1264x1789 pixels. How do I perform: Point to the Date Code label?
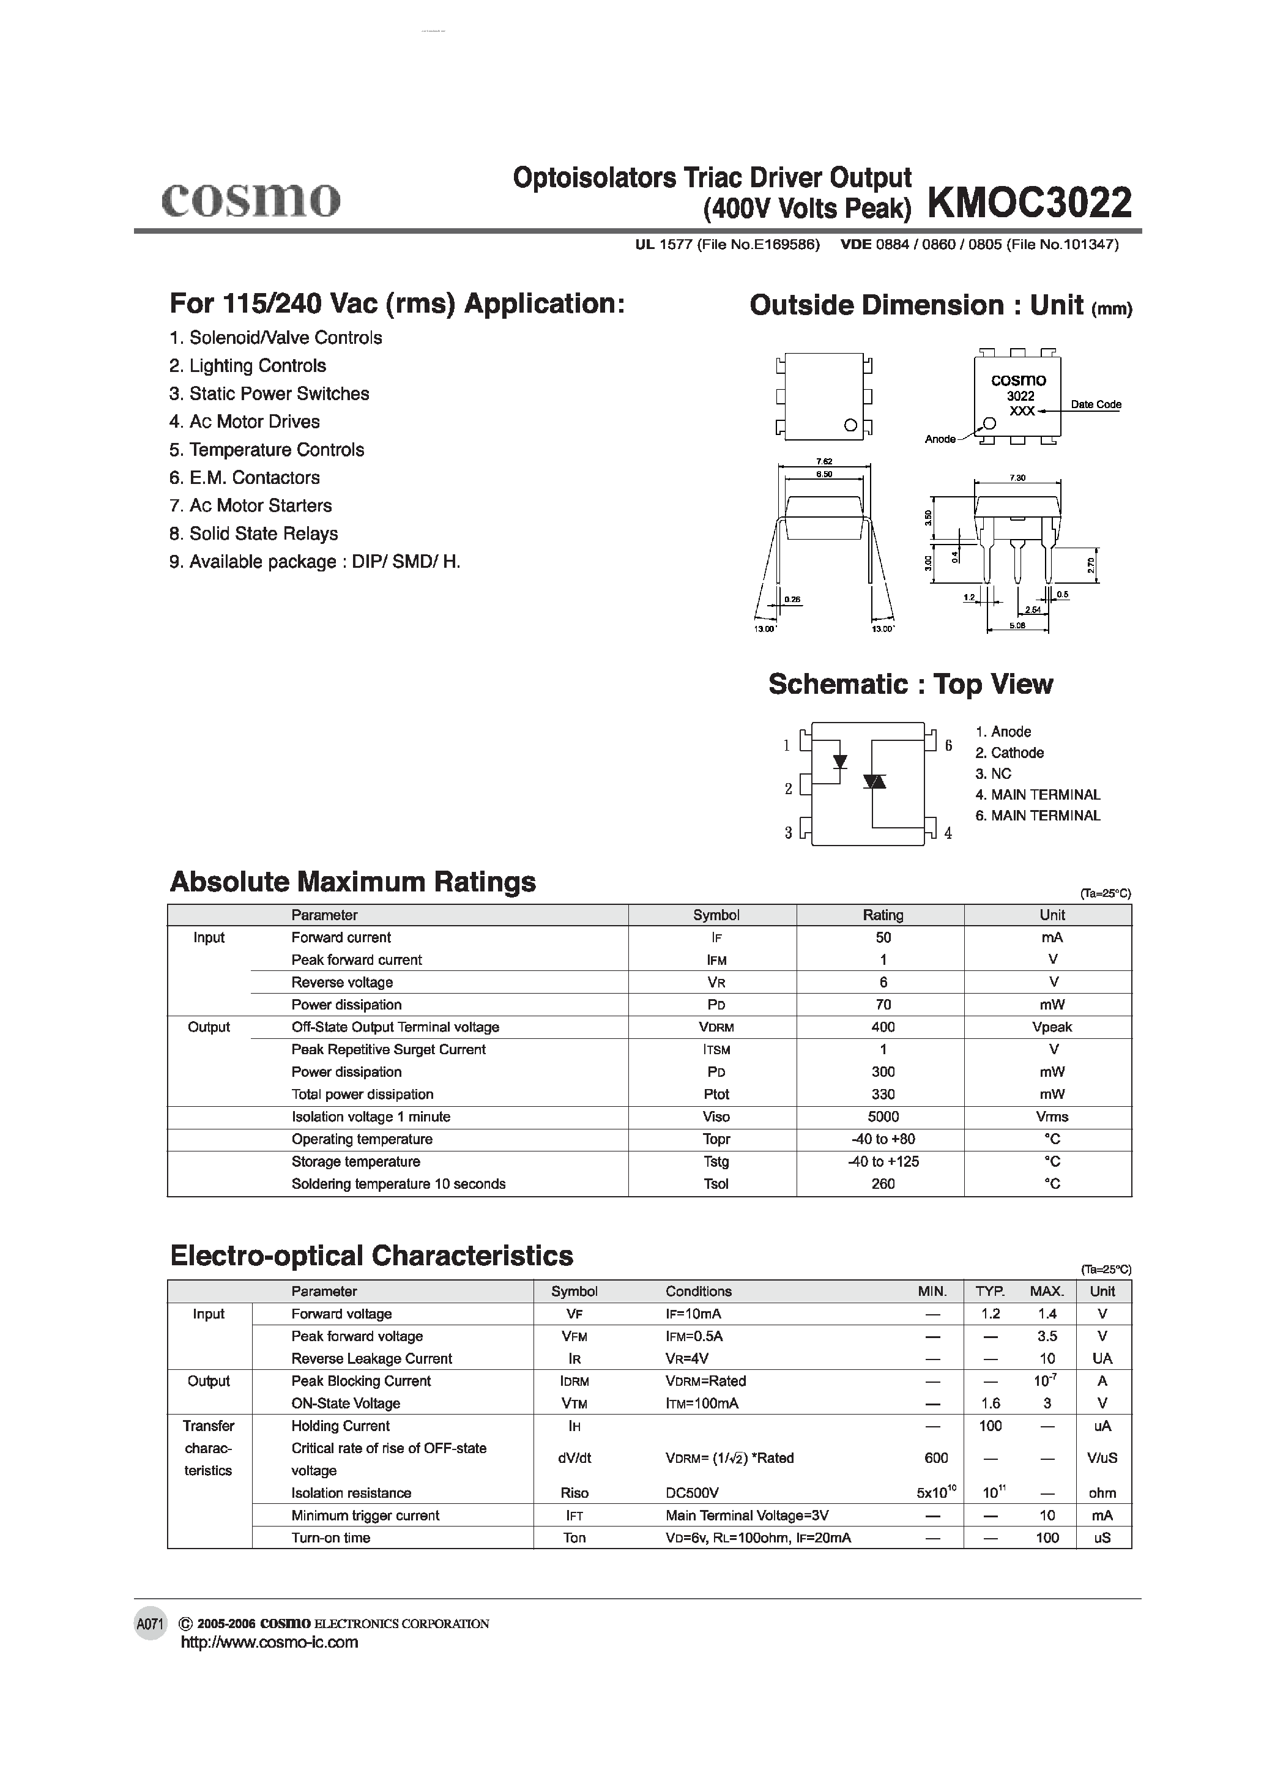tap(1095, 404)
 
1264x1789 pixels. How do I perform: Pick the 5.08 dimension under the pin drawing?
tap(1017, 625)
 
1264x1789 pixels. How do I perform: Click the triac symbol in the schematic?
tap(875, 781)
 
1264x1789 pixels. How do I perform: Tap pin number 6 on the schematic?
tap(948, 746)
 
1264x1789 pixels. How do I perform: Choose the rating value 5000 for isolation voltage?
tap(882, 1117)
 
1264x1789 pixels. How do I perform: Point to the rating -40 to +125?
tap(882, 1161)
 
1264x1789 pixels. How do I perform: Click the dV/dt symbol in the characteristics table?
tap(574, 1458)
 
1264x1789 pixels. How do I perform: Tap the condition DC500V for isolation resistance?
tap(691, 1493)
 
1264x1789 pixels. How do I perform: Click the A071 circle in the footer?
tap(151, 1624)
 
